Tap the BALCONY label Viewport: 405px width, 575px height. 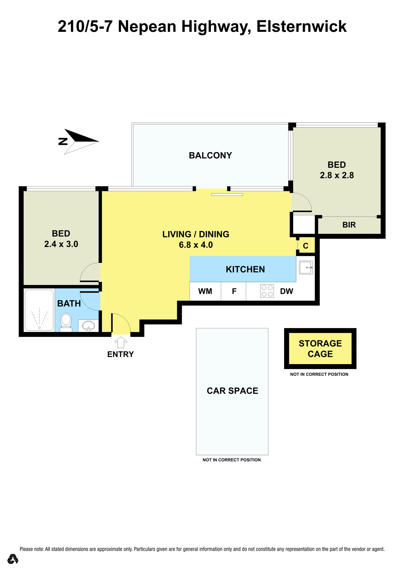(210, 156)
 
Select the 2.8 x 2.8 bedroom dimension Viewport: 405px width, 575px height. (337, 175)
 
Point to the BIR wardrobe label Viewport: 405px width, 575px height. (349, 225)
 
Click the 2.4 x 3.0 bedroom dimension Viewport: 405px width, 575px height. (61, 244)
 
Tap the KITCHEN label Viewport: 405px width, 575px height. (245, 269)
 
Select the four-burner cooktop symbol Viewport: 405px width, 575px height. (267, 291)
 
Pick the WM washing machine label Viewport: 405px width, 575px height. (205, 291)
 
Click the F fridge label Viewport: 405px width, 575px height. (234, 291)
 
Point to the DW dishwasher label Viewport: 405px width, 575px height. (286, 291)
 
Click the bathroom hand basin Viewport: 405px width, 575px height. (88, 326)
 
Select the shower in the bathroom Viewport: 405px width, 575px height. (39, 310)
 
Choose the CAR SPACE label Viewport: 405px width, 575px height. (232, 391)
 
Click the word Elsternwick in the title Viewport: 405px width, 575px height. (302, 27)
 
